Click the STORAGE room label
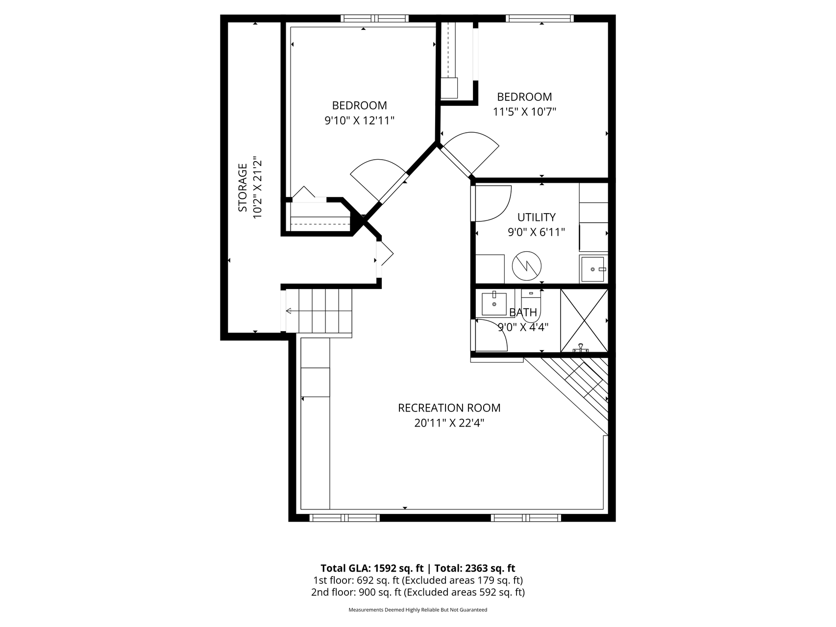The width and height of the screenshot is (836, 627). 243,188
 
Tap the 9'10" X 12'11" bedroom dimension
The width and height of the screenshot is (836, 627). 359,121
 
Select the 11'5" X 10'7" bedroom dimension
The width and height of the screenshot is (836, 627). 524,112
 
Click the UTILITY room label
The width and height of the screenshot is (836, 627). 536,217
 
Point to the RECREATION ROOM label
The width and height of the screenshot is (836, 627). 449,408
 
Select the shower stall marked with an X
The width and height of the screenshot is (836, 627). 584,320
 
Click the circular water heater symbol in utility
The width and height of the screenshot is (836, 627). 526,266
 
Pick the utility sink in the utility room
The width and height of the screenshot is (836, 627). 593,269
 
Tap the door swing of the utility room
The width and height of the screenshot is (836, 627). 492,203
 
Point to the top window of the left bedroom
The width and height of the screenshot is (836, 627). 375,19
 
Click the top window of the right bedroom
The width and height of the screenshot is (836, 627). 540,19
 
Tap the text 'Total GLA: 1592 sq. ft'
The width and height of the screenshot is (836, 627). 371,568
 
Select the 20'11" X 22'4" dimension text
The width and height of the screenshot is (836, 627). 449,423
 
